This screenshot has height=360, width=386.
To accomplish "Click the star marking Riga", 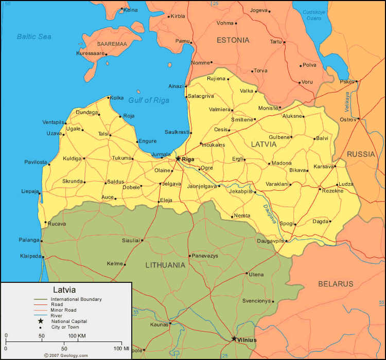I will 178,159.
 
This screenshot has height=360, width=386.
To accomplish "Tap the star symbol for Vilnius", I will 234,339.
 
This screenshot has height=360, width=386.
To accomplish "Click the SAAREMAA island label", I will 112,44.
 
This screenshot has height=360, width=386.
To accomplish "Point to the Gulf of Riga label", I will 149,100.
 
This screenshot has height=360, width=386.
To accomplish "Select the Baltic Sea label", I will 34,36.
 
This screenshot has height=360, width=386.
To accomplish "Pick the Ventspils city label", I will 54,122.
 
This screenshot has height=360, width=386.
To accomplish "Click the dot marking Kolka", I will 108,98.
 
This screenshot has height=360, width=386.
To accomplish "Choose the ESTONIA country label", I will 233,40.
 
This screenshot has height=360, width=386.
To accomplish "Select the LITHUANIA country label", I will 165,265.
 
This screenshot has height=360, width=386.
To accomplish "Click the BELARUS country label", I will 336,284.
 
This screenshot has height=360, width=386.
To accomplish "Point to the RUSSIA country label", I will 361,154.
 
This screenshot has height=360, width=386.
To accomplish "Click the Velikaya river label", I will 347,102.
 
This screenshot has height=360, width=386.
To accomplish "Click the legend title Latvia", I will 64,290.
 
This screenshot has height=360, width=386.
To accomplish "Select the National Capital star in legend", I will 41,321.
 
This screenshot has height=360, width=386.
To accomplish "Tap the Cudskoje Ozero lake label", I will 314,14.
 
